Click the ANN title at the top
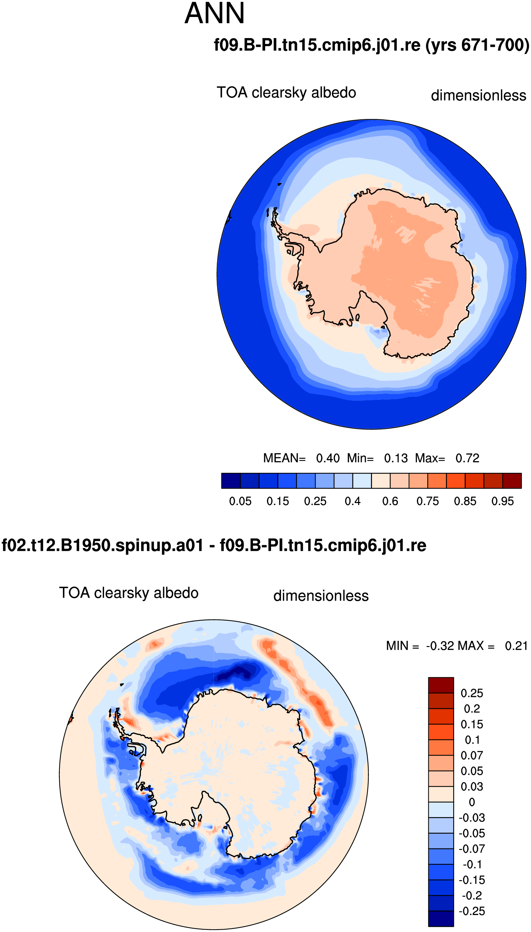point(214,13)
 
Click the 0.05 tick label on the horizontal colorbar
point(240,501)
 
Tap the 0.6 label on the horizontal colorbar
point(390,501)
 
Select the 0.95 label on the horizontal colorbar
point(502,501)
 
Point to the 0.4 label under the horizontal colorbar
point(352,501)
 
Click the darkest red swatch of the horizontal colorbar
point(512,481)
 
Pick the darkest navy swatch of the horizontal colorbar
point(231,481)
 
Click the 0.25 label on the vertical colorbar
point(472,693)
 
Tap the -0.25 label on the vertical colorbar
point(472,911)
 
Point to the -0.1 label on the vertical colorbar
point(472,864)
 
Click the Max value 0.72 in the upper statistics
point(467,458)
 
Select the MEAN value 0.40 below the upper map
point(328,458)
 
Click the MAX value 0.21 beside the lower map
point(516,646)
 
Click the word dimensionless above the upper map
point(478,95)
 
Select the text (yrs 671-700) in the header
point(477,45)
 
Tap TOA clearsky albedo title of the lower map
point(129,593)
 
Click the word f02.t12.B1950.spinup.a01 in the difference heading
point(102,545)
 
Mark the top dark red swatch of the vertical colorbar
point(441,685)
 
